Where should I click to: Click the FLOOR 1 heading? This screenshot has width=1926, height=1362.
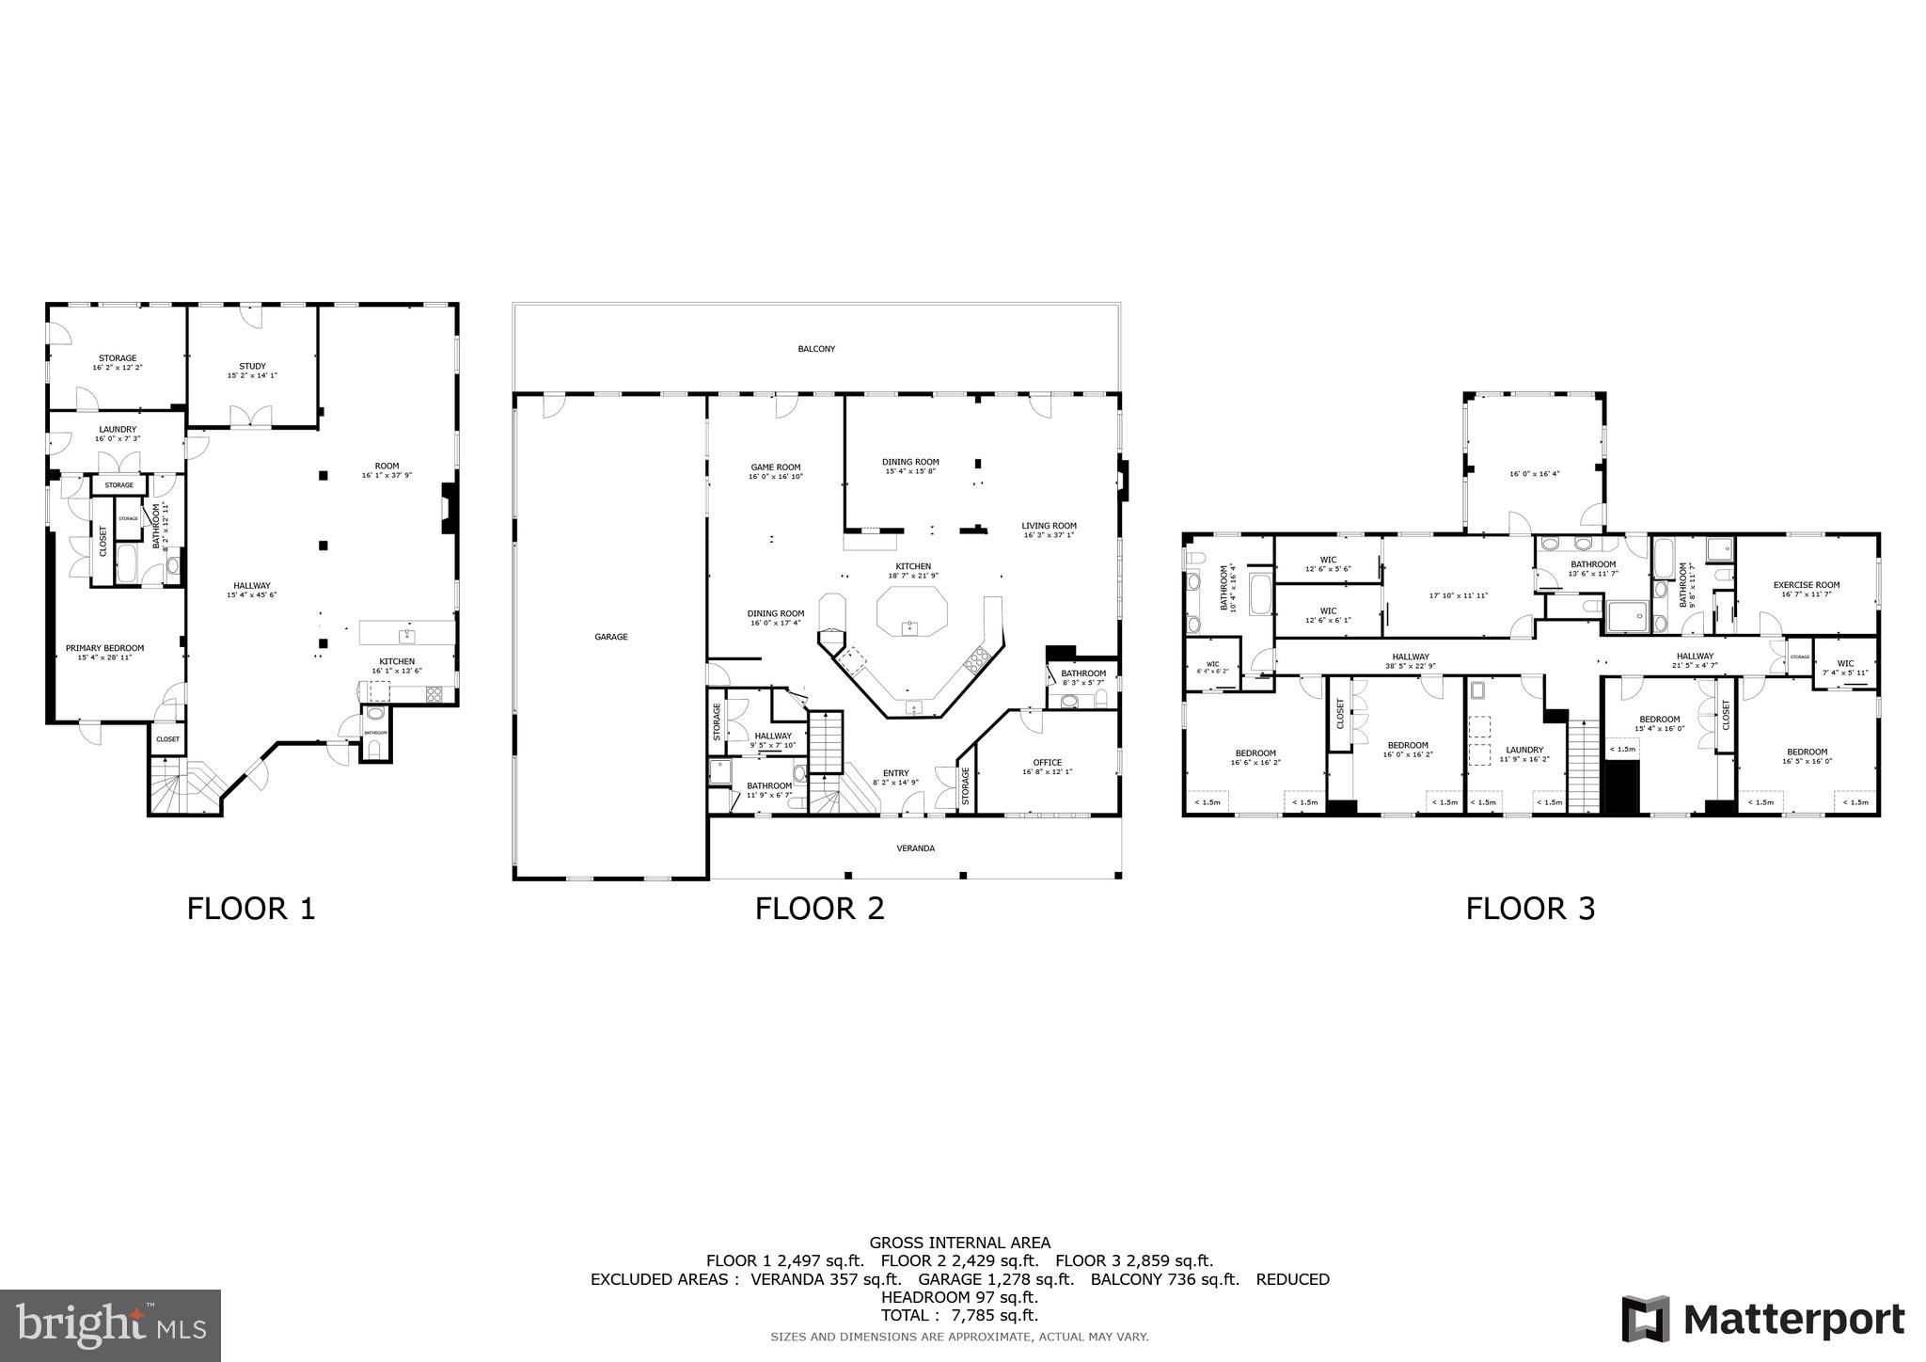pos(250,909)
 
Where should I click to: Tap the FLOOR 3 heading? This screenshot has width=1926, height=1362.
pos(1530,909)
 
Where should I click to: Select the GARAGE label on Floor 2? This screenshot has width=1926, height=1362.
pos(610,637)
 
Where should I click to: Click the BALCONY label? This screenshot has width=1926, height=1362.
pos(815,349)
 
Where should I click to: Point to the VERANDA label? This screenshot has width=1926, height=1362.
pos(915,848)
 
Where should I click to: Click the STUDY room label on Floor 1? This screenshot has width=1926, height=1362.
pos(252,366)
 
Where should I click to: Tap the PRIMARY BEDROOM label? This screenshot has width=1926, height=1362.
pos(104,648)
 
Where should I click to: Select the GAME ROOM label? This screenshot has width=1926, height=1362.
pos(775,467)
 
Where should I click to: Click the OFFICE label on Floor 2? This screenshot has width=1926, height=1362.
pos(1047,763)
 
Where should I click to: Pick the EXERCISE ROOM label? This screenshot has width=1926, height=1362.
pos(1806,585)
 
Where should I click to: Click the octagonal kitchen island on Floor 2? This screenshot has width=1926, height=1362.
pos(909,612)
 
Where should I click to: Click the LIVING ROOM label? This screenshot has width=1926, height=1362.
pos(1049,526)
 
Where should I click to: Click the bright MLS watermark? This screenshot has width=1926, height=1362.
pos(110,1325)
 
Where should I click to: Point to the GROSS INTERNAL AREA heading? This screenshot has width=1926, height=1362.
pos(959,1243)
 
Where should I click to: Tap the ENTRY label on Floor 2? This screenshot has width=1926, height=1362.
pos(895,773)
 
